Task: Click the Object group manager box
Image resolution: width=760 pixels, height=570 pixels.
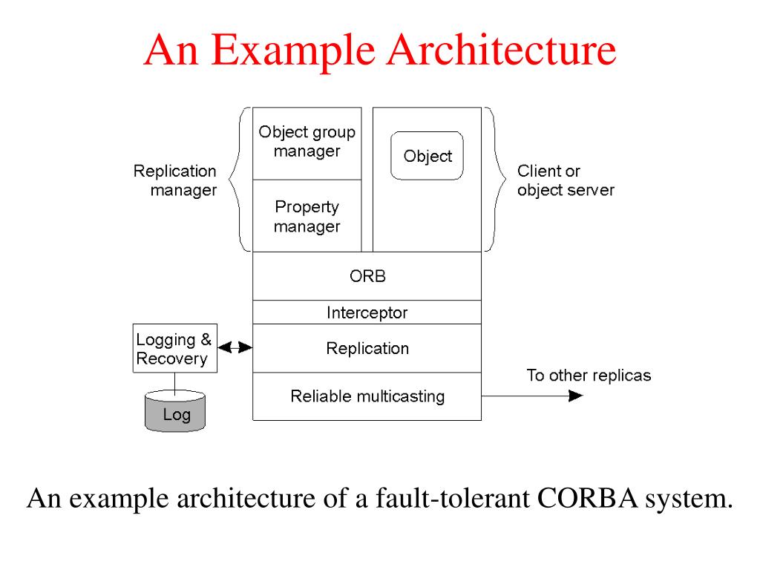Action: pos(307,142)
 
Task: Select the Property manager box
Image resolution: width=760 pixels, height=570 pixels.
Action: pos(307,216)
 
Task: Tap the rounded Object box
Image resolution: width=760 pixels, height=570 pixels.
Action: pos(427,156)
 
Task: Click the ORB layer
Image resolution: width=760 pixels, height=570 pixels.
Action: pos(367,276)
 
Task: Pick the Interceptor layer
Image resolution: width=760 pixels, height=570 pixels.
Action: pos(367,312)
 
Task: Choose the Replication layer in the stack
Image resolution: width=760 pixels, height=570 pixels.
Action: pos(367,348)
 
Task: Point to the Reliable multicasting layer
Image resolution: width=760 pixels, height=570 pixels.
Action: pos(367,396)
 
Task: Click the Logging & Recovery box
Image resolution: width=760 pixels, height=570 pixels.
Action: pos(174,349)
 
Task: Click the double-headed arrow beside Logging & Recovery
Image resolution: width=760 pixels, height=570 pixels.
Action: pos(235,348)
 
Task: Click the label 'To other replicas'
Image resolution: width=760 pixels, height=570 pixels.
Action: pos(589,375)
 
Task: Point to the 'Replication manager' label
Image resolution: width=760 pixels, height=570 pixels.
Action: pos(175,180)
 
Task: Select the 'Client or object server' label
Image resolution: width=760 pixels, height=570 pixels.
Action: pos(566,180)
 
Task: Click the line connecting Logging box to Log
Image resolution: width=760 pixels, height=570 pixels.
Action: pos(175,382)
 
